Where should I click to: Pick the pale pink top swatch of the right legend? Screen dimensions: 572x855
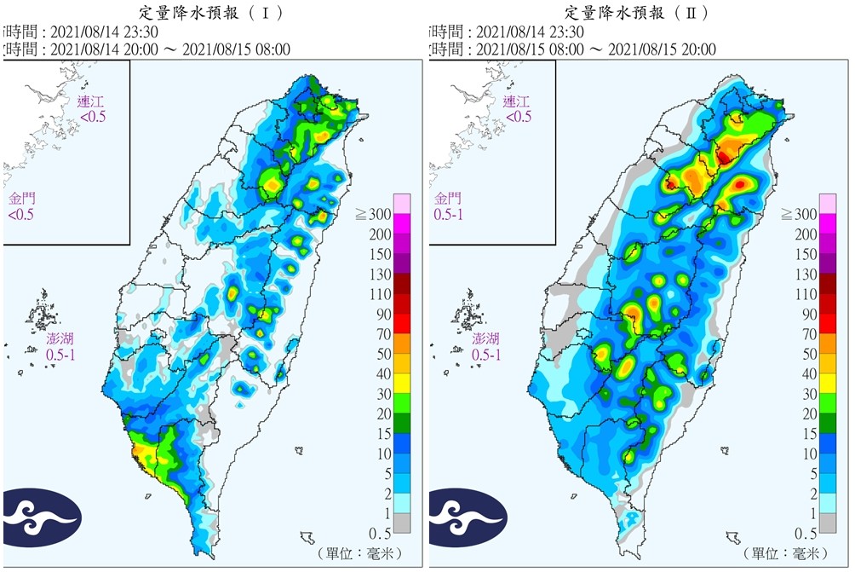828,203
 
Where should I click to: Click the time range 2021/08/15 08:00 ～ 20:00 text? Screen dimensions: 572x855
596,49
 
